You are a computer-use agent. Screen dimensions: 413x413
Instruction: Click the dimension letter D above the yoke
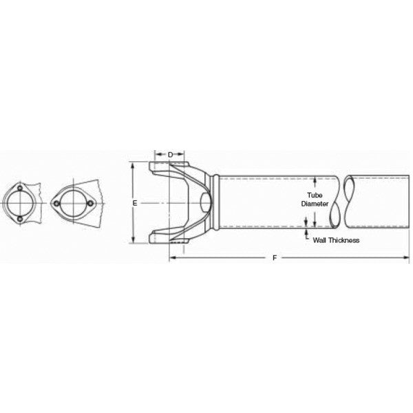coord(169,154)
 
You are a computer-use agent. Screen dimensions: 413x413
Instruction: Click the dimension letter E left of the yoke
coord(135,204)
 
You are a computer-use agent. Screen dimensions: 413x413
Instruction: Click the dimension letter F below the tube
coord(275,257)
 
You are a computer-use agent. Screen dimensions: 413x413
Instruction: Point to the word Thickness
coord(342,241)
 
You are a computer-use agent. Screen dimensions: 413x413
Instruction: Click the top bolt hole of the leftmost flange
coord(20,189)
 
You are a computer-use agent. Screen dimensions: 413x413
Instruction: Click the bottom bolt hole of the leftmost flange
coord(20,220)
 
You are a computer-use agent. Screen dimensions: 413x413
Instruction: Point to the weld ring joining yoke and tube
coord(217,204)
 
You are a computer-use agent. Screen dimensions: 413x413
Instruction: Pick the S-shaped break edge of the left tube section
coord(335,204)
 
